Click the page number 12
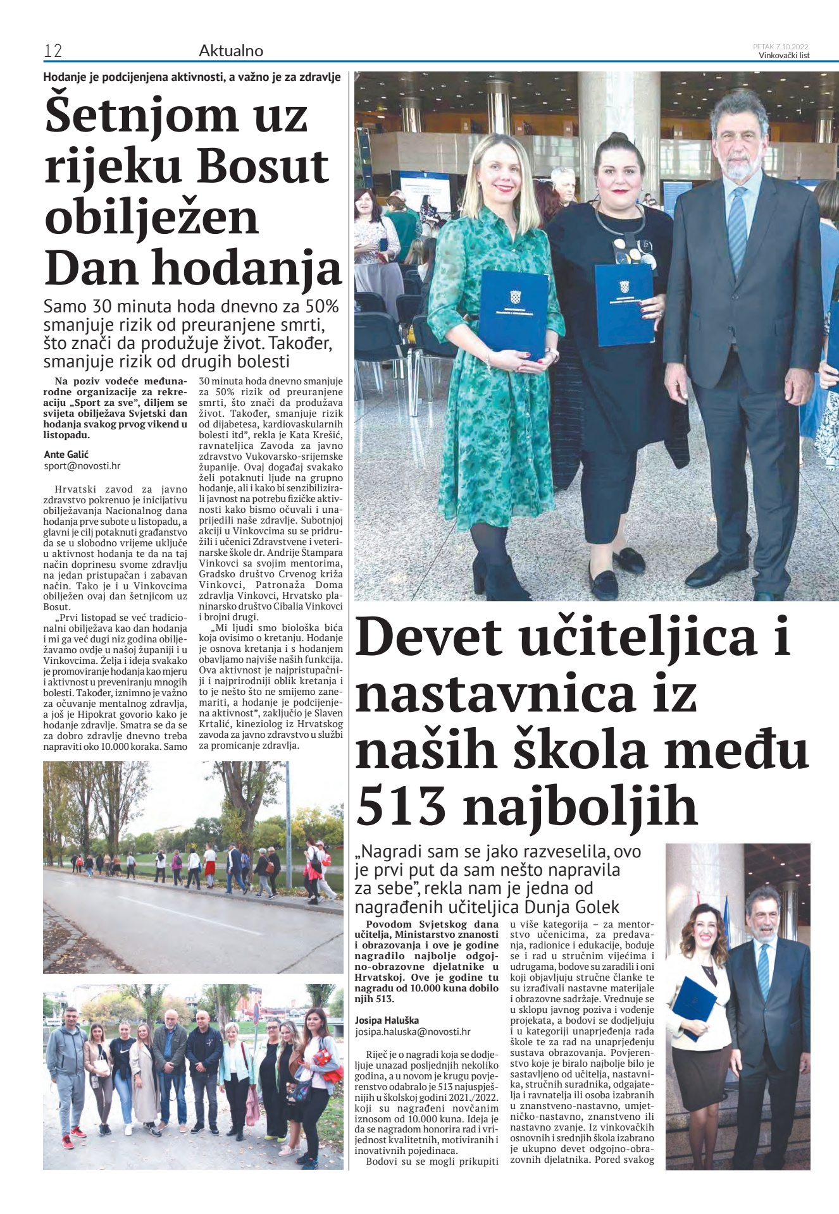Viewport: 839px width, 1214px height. point(53,51)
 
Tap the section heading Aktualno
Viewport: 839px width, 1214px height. point(231,51)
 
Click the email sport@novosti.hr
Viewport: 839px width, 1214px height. point(82,466)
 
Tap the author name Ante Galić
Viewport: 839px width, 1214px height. point(66,454)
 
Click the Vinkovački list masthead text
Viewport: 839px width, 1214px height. point(784,55)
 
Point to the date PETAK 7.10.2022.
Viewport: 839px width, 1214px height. point(781,46)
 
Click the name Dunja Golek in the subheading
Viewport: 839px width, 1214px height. point(571,907)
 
